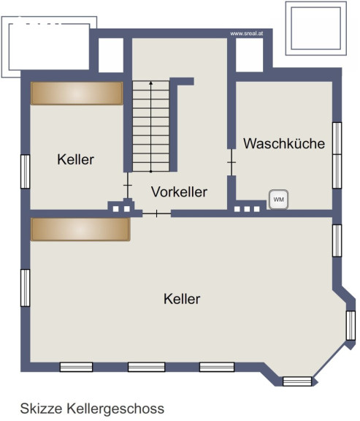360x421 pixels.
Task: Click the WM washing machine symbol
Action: click(279, 200)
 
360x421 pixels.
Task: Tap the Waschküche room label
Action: click(284, 143)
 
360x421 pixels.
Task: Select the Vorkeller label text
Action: click(179, 191)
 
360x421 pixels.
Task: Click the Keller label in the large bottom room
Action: click(182, 299)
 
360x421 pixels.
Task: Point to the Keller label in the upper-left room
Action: click(76, 159)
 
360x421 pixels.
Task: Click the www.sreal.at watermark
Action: click(247, 34)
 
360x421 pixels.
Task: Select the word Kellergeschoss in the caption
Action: click(115, 409)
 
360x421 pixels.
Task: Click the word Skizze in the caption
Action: click(42, 409)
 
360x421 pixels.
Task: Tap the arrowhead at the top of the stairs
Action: click(151, 83)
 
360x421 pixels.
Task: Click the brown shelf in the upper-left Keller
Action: click(77, 93)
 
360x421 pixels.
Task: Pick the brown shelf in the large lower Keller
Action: click(80, 230)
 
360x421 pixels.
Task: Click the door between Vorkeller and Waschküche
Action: click(231, 162)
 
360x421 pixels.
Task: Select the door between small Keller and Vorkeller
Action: click(128, 185)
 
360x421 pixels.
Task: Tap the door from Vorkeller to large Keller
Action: click(157, 213)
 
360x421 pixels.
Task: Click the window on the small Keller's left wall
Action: click(26, 172)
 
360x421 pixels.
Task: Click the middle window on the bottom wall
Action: click(147, 367)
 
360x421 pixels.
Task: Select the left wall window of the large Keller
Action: click(26, 288)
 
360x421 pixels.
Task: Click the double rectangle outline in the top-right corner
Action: click(316, 29)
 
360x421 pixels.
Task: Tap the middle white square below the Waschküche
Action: click(247, 209)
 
